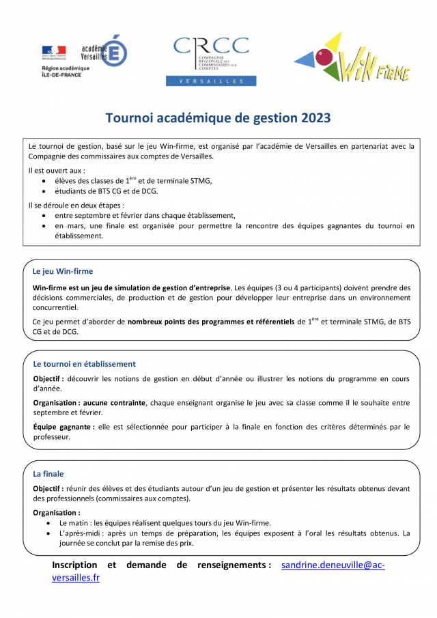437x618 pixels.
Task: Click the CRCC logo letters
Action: pyautogui.click(x=211, y=45)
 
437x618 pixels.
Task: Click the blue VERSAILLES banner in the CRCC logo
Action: pyautogui.click(x=212, y=81)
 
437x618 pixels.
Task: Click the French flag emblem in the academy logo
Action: pyautogui.click(x=54, y=51)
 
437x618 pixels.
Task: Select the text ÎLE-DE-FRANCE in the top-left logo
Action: pyautogui.click(x=61, y=74)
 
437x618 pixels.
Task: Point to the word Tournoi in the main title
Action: pyautogui.click(x=129, y=118)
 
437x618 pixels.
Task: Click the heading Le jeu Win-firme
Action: pyautogui.click(x=63, y=271)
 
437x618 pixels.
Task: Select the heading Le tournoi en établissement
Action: pyautogui.click(x=84, y=364)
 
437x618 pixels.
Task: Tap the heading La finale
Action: pyautogui.click(x=48, y=474)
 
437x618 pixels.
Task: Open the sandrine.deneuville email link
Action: pyautogui.click(x=333, y=565)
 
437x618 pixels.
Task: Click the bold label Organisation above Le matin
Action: pyautogui.click(x=56, y=512)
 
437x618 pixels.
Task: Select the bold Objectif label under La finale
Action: pyautogui.click(x=48, y=488)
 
